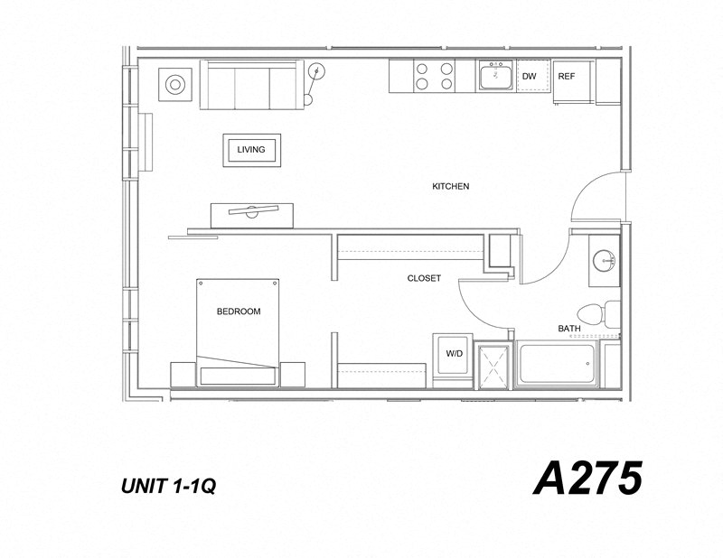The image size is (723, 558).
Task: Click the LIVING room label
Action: (x=251, y=150)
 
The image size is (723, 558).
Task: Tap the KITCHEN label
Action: (x=450, y=187)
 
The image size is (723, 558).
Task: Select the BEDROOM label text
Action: (x=239, y=312)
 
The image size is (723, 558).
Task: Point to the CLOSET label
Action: (x=424, y=278)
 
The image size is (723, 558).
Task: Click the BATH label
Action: (x=569, y=329)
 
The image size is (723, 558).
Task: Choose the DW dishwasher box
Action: (x=530, y=77)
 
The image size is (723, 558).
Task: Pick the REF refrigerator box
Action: (x=567, y=77)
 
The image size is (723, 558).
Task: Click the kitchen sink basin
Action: (x=494, y=78)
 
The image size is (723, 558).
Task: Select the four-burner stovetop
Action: (x=434, y=76)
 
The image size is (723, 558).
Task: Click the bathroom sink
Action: (x=604, y=261)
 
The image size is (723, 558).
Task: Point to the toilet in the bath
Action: (x=598, y=312)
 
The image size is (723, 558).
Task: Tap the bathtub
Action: (x=557, y=365)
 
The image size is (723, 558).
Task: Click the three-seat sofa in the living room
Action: (x=252, y=85)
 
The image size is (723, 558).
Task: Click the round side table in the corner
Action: (x=174, y=86)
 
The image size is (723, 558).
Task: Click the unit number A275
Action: (x=587, y=479)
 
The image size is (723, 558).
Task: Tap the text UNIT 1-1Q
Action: (x=167, y=487)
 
